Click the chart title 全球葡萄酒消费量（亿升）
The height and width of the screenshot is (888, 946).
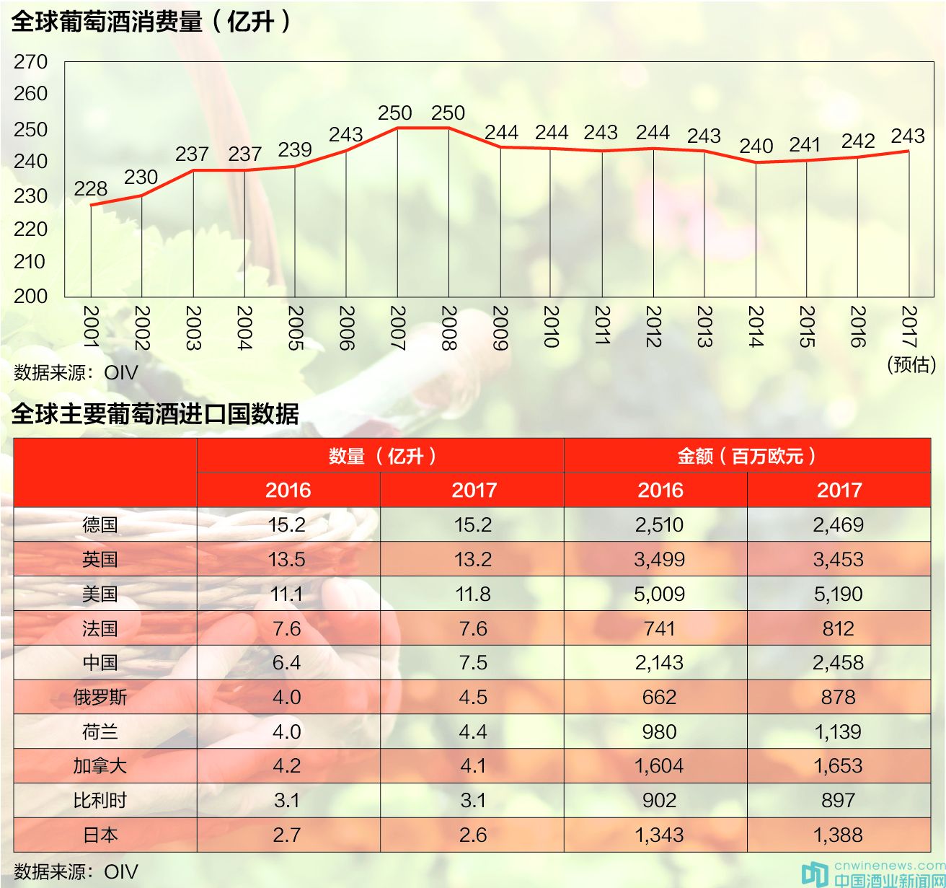[152, 22]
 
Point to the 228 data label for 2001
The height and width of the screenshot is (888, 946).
[90, 189]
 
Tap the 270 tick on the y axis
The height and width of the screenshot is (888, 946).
[30, 62]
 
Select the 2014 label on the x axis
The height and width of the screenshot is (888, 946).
[756, 327]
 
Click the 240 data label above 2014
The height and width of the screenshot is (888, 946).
[756, 146]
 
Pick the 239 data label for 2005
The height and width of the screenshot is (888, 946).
[295, 150]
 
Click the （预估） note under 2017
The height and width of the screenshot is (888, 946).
[911, 364]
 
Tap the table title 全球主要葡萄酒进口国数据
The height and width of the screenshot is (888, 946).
[155, 414]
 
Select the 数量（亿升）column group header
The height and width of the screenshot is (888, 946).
[381, 456]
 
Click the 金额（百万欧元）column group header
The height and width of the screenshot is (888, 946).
[747, 456]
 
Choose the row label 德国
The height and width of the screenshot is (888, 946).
[100, 524]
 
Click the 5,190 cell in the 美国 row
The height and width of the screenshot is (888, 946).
[838, 594]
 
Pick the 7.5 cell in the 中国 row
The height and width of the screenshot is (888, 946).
[473, 662]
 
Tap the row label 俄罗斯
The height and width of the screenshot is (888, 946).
[100, 697]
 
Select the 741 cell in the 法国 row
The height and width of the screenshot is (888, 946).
[659, 628]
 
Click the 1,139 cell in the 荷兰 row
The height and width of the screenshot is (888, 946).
[838, 731]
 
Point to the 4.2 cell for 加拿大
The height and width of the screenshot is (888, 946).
[287, 765]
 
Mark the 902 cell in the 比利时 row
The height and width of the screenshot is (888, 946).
[659, 800]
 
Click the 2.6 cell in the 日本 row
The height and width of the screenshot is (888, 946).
[473, 835]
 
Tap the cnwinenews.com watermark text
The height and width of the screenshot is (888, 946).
[889, 865]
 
